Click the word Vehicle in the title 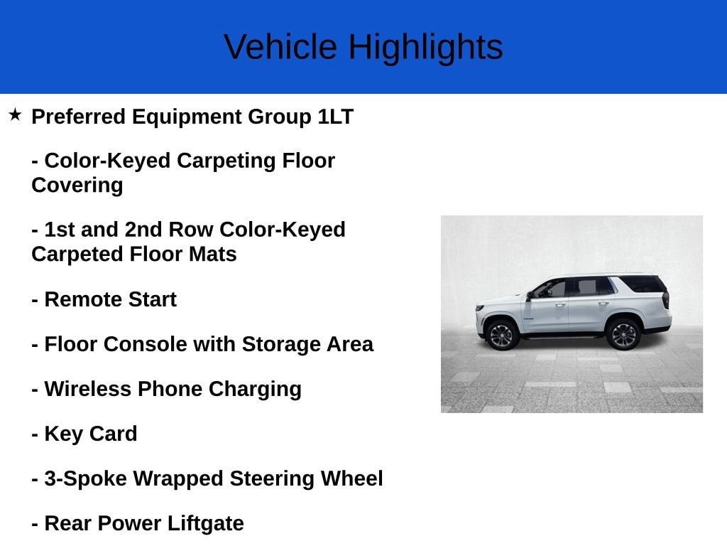[280, 47]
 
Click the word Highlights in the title [426, 48]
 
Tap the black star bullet [15, 114]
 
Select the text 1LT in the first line [336, 117]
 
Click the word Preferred [79, 117]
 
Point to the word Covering [77, 186]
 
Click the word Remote [83, 299]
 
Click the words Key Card [91, 434]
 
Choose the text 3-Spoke [85, 479]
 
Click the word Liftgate [205, 524]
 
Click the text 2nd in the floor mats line [143, 230]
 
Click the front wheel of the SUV [501, 335]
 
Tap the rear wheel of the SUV [623, 334]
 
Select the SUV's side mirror [530, 295]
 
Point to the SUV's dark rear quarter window [643, 284]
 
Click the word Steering [272, 479]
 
